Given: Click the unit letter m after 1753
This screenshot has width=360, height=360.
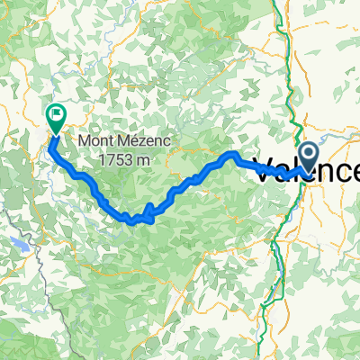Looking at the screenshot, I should [x=141, y=159].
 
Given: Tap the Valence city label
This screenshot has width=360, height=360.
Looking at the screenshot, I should [x=306, y=171].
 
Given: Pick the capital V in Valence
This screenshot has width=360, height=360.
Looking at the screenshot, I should [x=266, y=171].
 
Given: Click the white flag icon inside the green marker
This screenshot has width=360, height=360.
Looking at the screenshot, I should [x=56, y=113].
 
